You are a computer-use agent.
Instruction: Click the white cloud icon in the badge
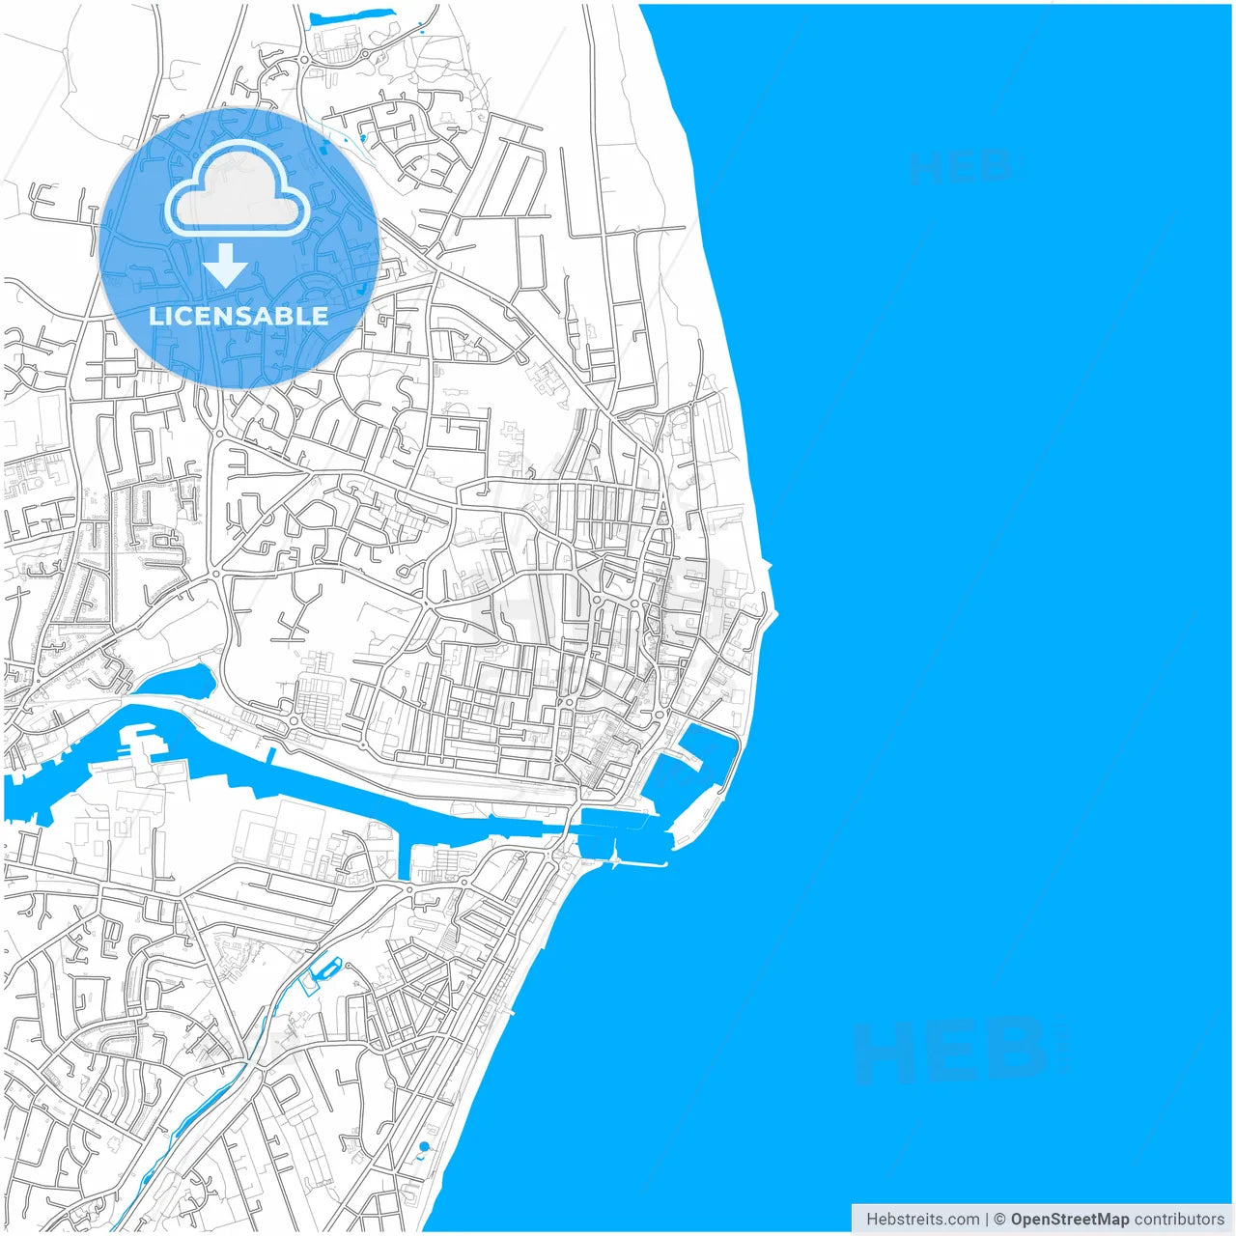(238, 189)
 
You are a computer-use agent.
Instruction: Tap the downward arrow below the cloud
(226, 265)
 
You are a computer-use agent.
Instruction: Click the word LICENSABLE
(239, 316)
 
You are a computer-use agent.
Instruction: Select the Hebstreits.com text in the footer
(922, 1219)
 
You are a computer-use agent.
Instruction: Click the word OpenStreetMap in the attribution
(1070, 1219)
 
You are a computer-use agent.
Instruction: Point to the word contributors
(1179, 1219)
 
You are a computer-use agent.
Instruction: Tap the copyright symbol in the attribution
(999, 1219)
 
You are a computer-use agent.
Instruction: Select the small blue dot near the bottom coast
(424, 1146)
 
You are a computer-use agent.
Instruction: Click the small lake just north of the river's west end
(183, 681)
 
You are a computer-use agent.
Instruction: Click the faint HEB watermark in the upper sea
(961, 167)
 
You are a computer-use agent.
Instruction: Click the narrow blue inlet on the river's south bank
(404, 862)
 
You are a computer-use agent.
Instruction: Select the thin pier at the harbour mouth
(637, 862)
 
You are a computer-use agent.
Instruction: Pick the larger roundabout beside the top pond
(304, 60)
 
